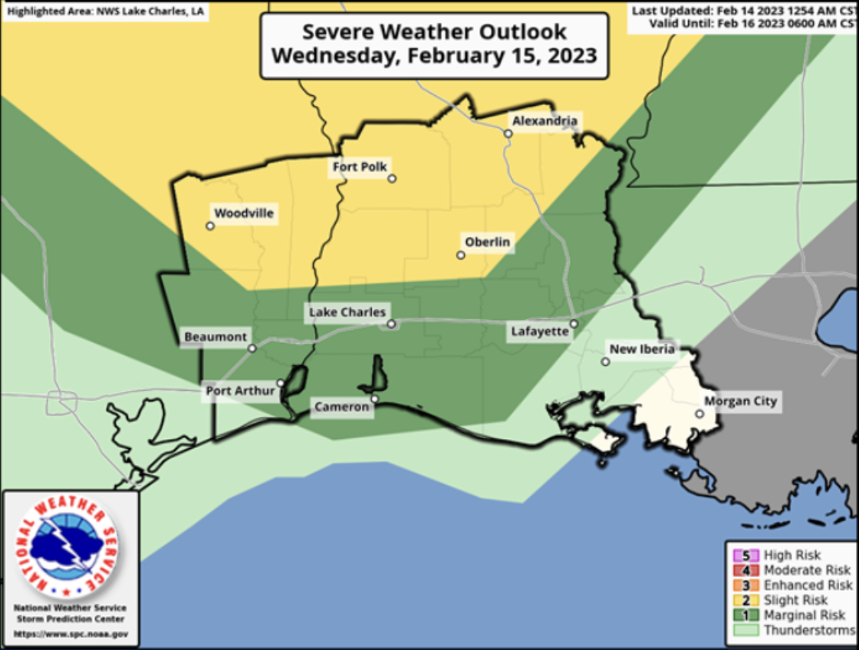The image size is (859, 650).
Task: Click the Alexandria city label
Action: [x=545, y=120]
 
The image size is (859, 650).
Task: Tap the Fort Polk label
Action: [x=360, y=167]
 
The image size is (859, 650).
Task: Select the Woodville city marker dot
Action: [x=209, y=226]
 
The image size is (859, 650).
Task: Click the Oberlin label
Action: [x=487, y=242]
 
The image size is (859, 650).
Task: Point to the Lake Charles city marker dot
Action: [x=390, y=324]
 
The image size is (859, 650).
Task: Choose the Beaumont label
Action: [x=216, y=337]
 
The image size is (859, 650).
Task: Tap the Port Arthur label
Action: [x=240, y=391]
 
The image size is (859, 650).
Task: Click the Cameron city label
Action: [x=341, y=407]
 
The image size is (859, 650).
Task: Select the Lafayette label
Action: [x=540, y=332]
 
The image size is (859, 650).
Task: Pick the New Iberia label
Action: [x=641, y=349]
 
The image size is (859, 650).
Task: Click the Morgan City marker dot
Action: [x=699, y=414]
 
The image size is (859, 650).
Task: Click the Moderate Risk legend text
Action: [x=807, y=570]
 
